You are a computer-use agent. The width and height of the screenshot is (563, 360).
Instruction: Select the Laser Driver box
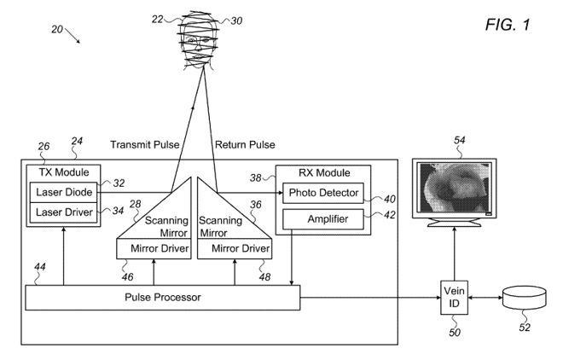pyautogui.click(x=63, y=211)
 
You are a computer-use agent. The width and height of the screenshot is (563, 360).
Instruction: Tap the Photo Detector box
pyautogui.click(x=322, y=193)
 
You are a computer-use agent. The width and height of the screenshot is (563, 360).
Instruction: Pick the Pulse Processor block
pyautogui.click(x=163, y=298)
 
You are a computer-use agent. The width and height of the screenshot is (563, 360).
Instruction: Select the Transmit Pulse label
pyautogui.click(x=146, y=144)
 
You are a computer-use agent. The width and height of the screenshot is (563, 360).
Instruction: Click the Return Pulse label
pyautogui.click(x=245, y=144)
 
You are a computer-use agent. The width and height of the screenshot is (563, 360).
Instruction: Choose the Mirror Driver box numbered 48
pyautogui.click(x=234, y=248)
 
